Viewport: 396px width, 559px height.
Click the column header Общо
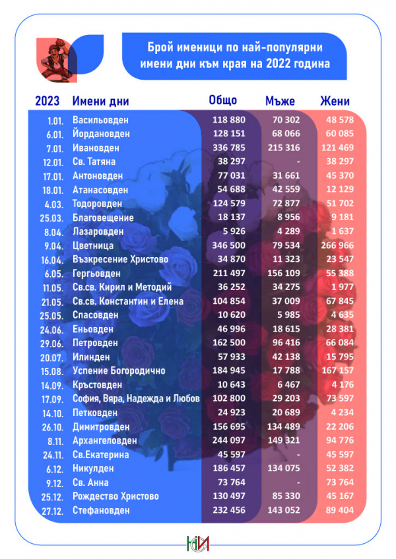(x=222, y=100)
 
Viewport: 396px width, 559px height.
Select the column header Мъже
(x=280, y=101)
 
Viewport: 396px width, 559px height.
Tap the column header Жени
(x=335, y=101)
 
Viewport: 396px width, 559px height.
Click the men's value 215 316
(x=280, y=148)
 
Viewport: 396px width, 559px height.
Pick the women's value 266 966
(x=337, y=245)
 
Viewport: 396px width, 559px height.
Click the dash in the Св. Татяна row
(x=280, y=162)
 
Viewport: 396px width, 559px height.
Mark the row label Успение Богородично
(x=118, y=370)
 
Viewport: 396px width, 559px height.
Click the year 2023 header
(x=47, y=101)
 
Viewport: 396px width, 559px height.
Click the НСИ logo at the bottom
(x=197, y=541)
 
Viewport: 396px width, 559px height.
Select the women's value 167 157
(x=337, y=370)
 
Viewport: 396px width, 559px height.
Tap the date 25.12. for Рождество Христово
(x=51, y=496)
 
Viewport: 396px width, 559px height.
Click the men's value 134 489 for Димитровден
(x=280, y=427)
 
